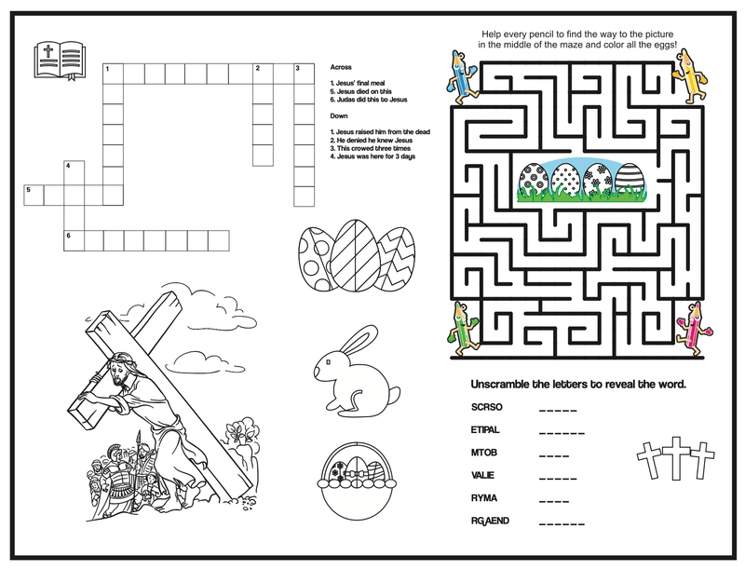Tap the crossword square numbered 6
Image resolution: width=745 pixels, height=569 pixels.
click(74, 241)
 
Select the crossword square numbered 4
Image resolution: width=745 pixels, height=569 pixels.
click(74, 171)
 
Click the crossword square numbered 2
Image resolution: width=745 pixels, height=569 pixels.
click(263, 74)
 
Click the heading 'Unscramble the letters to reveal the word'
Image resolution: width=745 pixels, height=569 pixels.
click(578, 384)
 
